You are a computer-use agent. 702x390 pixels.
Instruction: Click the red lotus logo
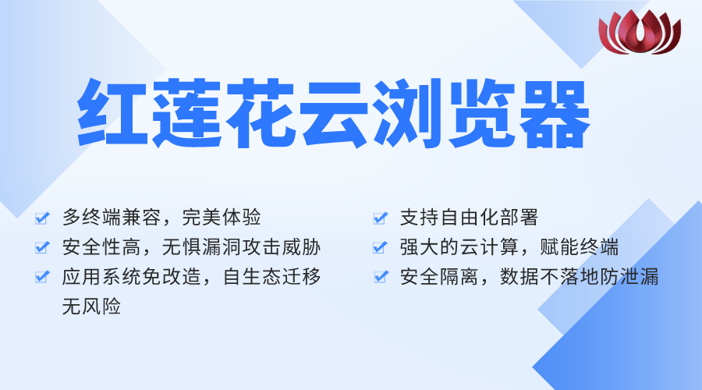point(640,32)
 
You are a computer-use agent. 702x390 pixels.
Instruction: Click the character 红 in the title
point(112,113)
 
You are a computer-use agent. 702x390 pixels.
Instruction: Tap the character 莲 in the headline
point(186,113)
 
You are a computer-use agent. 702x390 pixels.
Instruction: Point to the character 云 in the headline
point(335,113)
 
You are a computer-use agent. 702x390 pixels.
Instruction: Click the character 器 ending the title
point(556,114)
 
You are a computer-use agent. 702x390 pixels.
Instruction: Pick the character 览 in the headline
point(483,113)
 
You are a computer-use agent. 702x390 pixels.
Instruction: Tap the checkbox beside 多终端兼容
point(42,218)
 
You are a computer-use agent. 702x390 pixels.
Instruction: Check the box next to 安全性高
point(42,247)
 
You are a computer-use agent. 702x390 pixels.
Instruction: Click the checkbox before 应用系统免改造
point(42,277)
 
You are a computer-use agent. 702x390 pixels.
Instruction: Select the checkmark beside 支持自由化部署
point(380,218)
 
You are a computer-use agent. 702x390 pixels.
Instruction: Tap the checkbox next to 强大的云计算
point(380,247)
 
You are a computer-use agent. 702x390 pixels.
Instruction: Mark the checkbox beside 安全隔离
point(380,277)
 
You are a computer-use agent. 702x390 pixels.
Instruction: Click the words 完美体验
point(222,218)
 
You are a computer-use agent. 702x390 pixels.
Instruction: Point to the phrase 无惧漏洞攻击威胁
point(241,247)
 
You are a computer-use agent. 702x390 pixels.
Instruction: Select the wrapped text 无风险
point(91,307)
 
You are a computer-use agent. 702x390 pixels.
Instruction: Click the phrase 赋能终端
point(579,247)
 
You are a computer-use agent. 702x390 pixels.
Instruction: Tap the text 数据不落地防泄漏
point(580,277)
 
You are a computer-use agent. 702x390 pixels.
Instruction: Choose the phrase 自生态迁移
point(271,277)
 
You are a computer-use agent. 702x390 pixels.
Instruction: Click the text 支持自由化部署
point(469,218)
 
